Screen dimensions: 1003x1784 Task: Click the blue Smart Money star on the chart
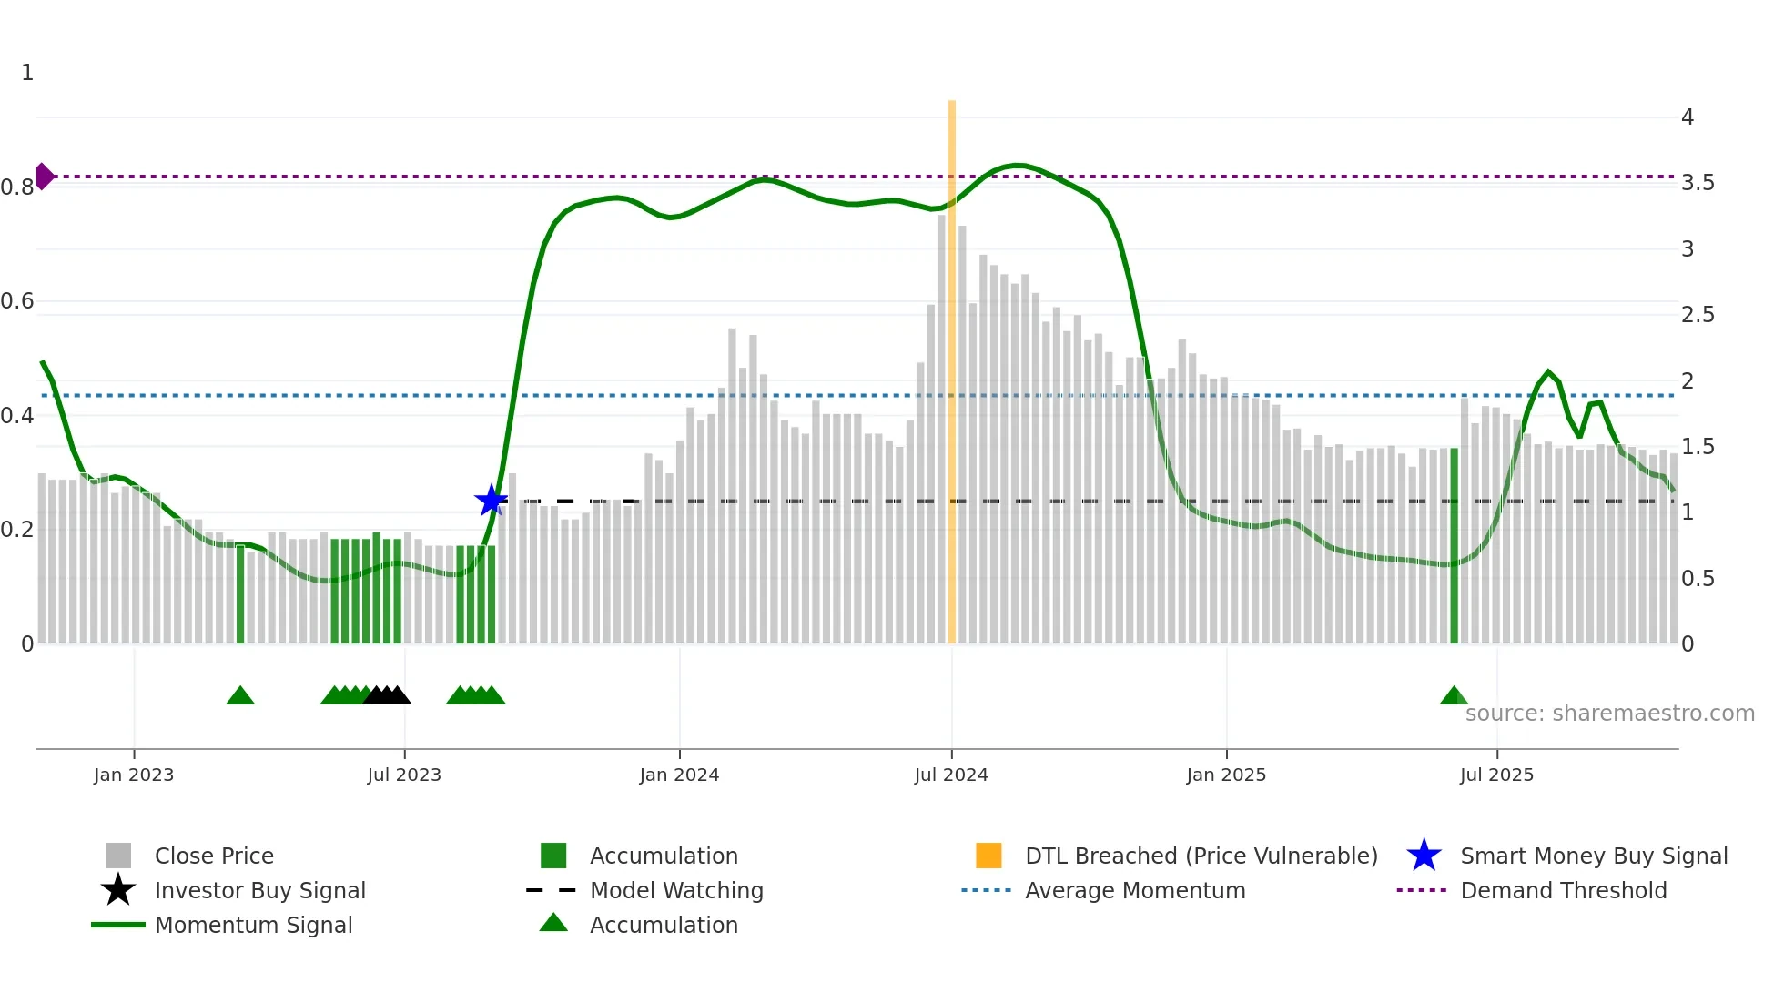click(492, 501)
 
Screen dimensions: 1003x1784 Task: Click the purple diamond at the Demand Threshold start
click(44, 177)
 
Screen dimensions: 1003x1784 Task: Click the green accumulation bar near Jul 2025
click(1454, 546)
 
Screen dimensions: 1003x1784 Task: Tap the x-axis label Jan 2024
click(679, 775)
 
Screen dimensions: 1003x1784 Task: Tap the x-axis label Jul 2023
click(404, 775)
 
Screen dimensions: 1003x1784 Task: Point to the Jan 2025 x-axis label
click(1226, 775)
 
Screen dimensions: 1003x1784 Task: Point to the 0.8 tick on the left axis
click(17, 187)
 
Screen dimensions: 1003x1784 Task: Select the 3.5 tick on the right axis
click(1698, 183)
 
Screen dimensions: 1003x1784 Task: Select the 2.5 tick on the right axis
click(1698, 315)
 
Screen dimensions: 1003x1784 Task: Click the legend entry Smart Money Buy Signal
click(1593, 856)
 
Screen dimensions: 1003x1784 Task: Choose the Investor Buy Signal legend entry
click(259, 890)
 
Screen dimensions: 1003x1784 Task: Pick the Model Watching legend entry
click(676, 890)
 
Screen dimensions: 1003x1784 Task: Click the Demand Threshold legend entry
click(1563, 890)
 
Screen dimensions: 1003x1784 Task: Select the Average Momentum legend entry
click(1135, 890)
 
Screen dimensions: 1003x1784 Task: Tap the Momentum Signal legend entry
click(253, 925)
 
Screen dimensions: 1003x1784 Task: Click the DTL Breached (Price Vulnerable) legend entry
click(1201, 856)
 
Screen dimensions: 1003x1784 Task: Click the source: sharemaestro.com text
click(1609, 714)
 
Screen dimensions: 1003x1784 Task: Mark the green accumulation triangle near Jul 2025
click(1454, 696)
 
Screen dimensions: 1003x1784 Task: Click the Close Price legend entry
click(214, 856)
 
